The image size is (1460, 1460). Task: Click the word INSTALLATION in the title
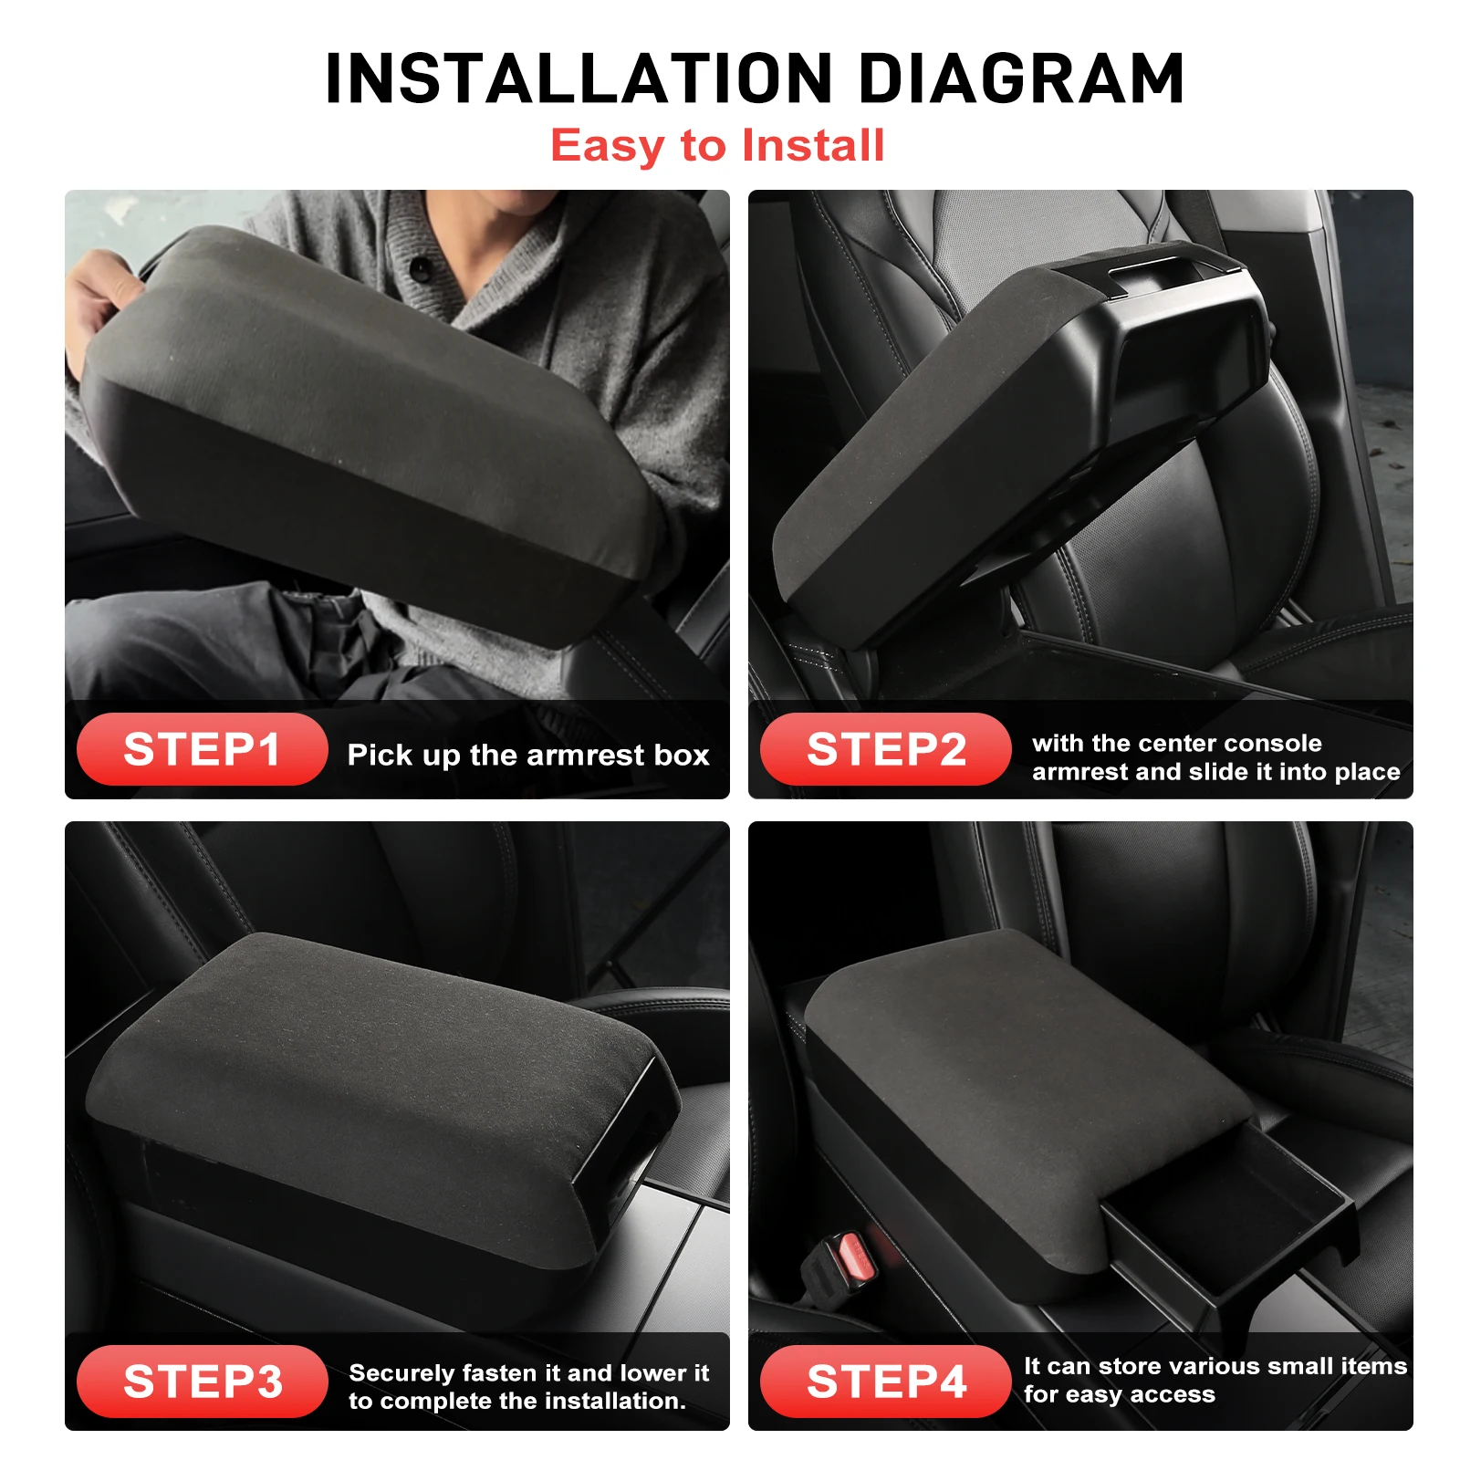tap(579, 78)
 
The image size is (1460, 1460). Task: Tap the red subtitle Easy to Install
tap(717, 146)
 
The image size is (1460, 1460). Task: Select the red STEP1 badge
tap(202, 749)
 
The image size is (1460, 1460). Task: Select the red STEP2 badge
tap(885, 749)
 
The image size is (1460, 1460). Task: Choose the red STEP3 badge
tap(202, 1381)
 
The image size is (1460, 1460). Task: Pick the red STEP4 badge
tap(885, 1381)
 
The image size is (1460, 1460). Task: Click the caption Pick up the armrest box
tap(528, 755)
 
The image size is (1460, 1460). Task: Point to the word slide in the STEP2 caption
tap(1211, 772)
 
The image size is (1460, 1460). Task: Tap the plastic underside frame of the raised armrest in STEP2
tap(1177, 365)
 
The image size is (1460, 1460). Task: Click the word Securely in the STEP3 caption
tap(401, 1373)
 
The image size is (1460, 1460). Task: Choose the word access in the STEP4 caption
tap(1172, 1394)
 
